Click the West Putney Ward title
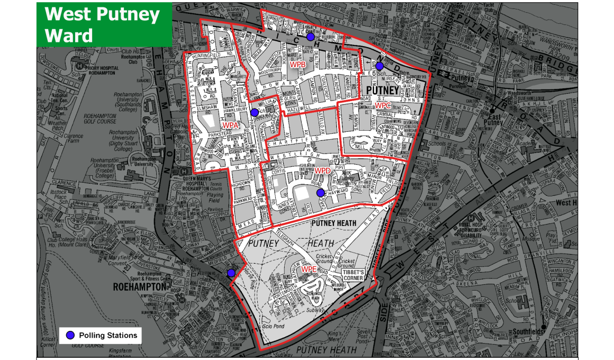point(102,24)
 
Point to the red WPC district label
point(383,105)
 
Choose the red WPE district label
point(309,269)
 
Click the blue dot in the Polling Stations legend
point(70,335)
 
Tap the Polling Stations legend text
point(108,335)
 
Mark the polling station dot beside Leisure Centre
point(311,37)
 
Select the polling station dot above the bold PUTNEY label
point(380,66)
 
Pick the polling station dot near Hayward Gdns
point(320,193)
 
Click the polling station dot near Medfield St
point(231,273)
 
